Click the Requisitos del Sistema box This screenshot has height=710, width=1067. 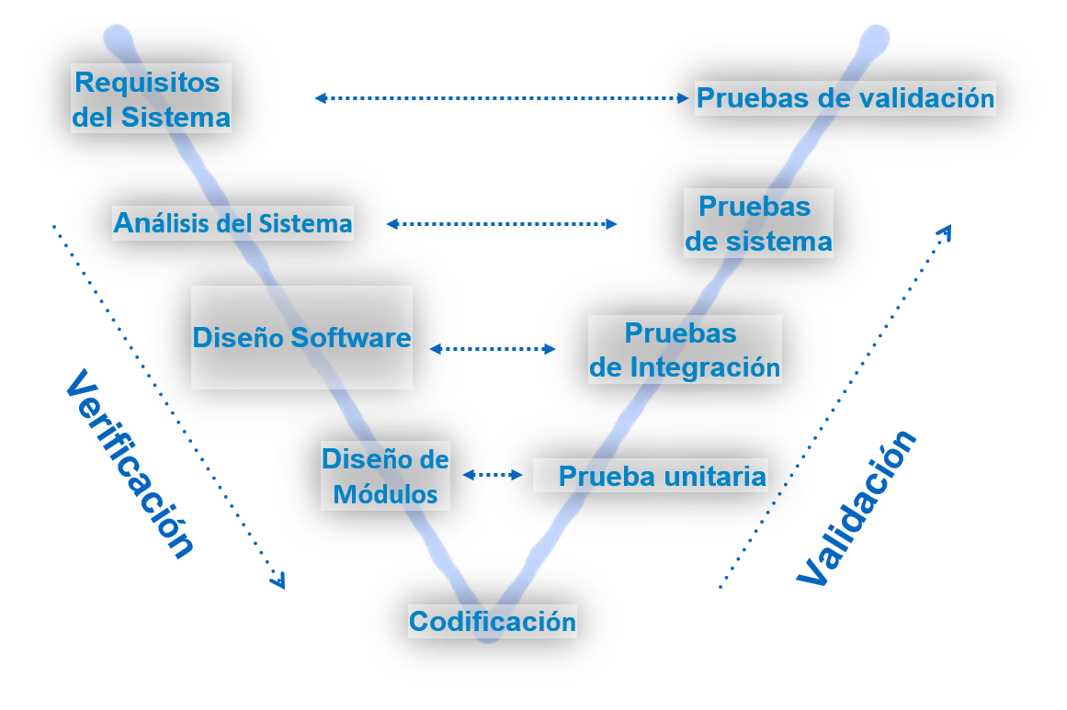click(151, 98)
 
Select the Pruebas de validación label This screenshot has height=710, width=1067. click(845, 97)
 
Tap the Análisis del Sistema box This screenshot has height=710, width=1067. click(233, 223)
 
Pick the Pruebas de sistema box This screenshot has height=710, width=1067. click(758, 223)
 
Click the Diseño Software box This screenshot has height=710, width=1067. click(301, 337)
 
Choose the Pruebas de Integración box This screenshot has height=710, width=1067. click(685, 349)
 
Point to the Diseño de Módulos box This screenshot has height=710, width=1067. click(385, 476)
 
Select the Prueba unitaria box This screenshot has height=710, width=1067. click(651, 476)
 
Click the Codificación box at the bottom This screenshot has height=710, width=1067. click(493, 621)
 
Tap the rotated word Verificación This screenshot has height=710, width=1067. click(130, 464)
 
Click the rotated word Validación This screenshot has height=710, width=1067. click(857, 507)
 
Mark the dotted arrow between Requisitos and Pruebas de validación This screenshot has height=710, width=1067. click(502, 97)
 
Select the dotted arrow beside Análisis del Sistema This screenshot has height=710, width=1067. click(502, 223)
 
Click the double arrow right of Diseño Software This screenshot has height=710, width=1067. click(493, 349)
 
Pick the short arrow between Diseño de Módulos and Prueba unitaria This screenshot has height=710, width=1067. click(493, 475)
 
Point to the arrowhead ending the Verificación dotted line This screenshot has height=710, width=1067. click(278, 580)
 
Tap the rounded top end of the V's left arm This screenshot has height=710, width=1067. click(119, 39)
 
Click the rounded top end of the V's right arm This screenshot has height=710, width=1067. click(874, 39)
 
